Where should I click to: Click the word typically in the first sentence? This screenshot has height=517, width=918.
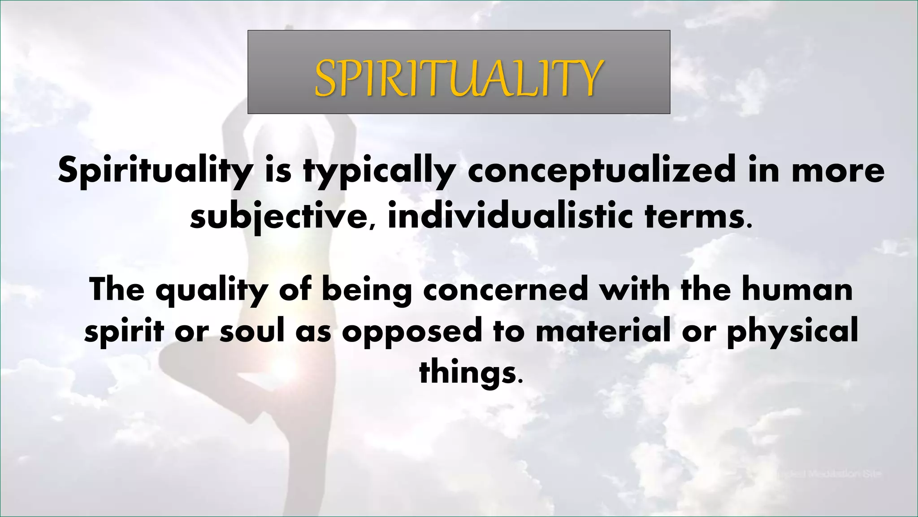[379, 171]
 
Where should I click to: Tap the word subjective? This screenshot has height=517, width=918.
[278, 217]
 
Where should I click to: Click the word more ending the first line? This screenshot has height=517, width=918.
[838, 171]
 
